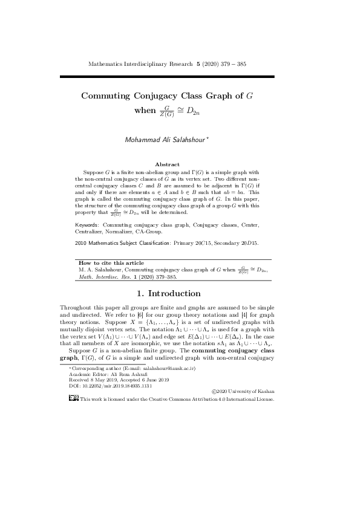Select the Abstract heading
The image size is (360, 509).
(x=168, y=164)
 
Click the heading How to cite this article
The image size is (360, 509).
(x=111, y=263)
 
